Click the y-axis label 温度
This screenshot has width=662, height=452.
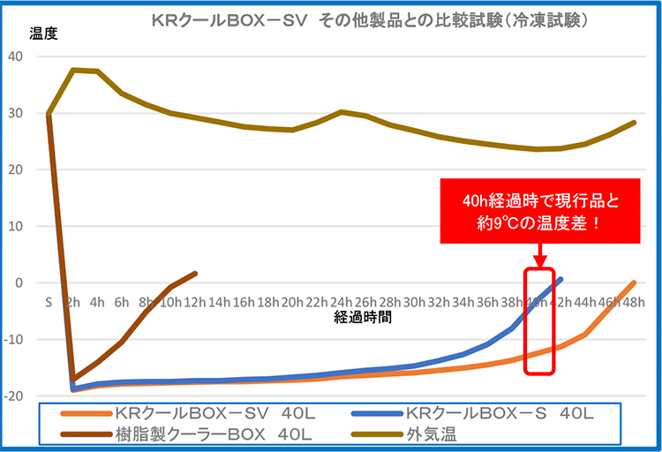[42, 34]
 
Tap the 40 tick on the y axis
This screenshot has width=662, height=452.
[19, 56]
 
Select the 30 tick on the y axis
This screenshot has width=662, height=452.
[19, 113]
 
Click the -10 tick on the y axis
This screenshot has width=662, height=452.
[16, 339]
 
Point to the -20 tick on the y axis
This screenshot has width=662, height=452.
[16, 395]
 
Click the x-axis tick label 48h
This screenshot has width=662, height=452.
[634, 300]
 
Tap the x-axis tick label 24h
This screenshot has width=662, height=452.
[341, 300]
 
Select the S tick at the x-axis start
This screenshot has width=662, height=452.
[49, 300]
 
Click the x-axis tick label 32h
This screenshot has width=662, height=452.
[439, 300]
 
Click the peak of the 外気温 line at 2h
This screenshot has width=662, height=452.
[73, 70]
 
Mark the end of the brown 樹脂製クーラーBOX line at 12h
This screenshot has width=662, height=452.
[195, 274]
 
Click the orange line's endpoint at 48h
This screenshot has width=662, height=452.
[634, 282]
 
